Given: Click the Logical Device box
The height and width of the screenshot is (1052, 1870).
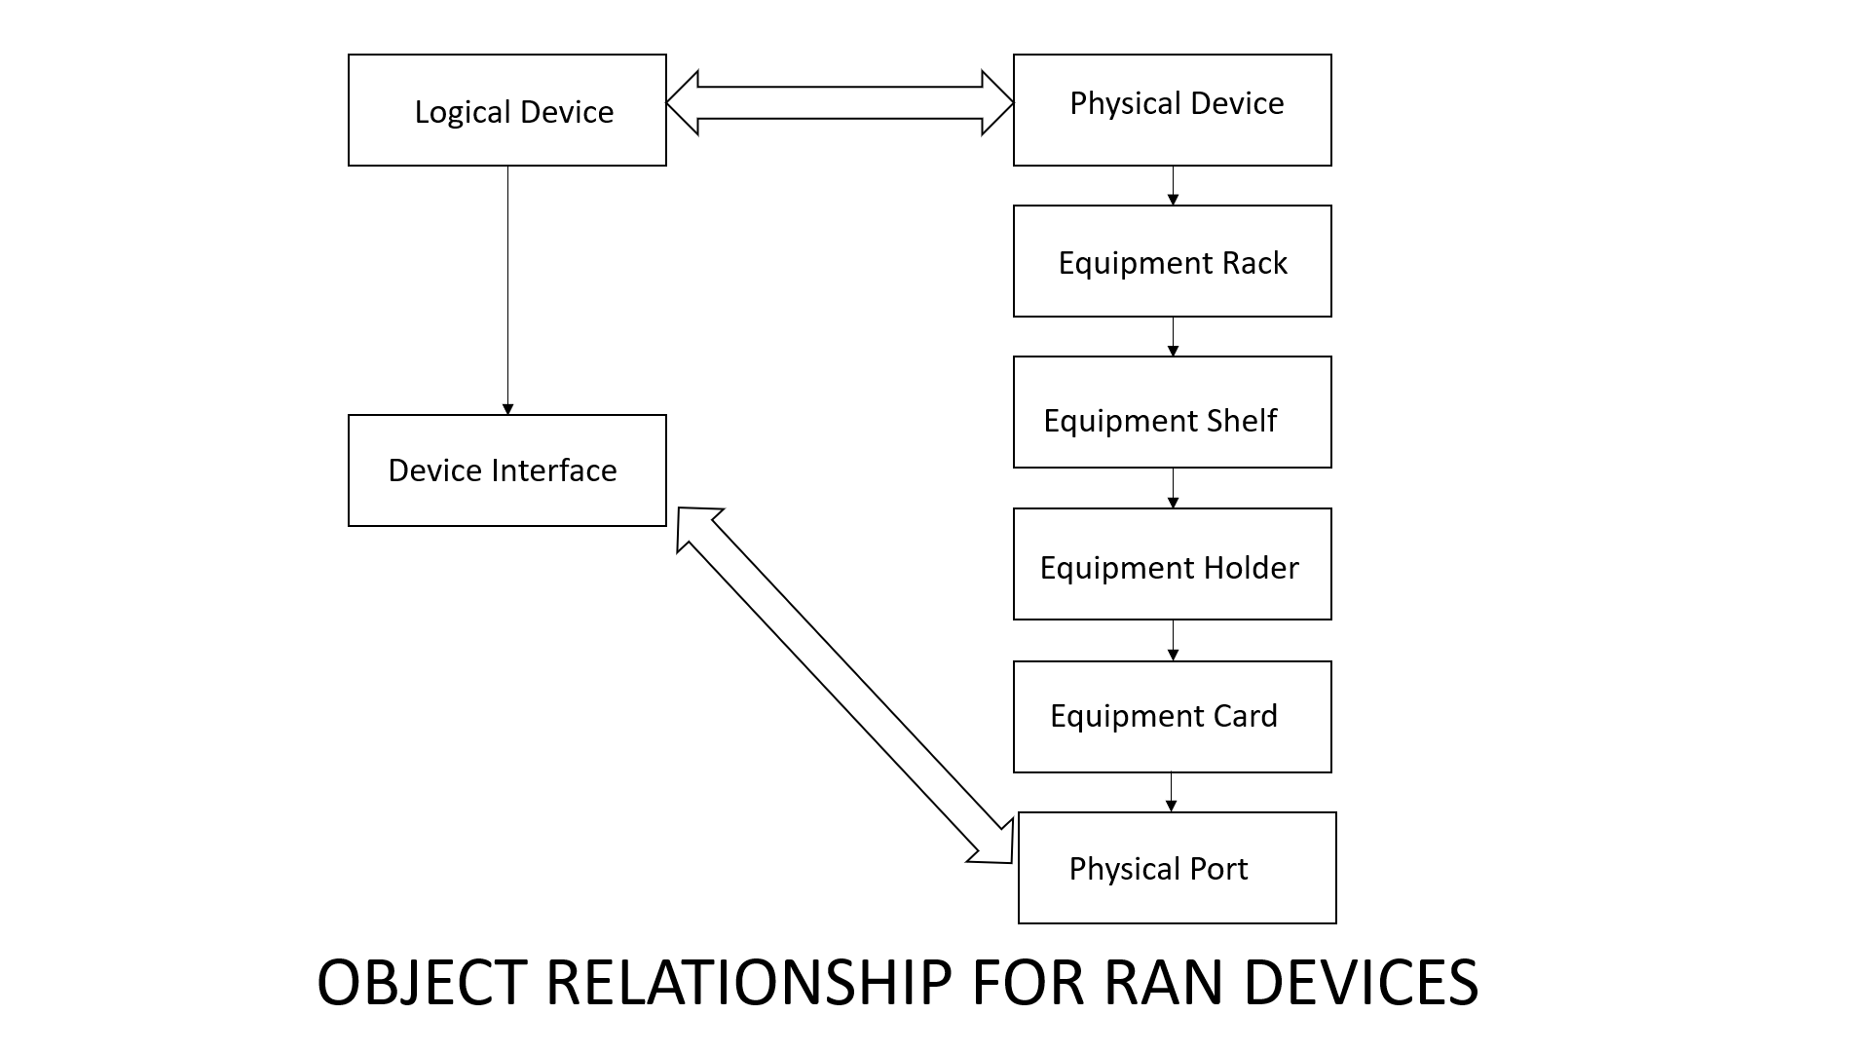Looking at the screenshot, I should point(506,110).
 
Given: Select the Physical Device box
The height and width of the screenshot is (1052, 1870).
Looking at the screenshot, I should point(1172,110).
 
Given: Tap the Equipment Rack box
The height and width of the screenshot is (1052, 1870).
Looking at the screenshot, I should point(1172,261).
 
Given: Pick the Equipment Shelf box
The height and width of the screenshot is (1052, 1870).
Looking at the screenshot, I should point(1172,412).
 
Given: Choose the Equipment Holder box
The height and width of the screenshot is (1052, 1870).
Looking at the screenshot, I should point(1172,564).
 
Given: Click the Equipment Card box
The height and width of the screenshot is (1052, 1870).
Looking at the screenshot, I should point(1172,717).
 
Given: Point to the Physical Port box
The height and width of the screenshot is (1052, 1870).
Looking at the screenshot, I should point(1177,868).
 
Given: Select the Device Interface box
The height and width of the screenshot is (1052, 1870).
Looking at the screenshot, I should point(506,470).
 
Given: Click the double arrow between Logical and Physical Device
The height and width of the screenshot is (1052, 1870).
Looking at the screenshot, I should point(840,102).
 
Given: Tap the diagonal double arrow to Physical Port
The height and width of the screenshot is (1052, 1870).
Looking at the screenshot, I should point(844,685).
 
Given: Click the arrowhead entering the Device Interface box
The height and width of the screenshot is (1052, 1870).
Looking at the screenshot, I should point(507,409).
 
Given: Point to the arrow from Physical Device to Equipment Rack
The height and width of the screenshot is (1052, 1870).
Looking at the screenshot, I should point(1173,185).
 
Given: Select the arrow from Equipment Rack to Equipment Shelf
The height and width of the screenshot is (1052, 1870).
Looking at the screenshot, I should point(1173,336).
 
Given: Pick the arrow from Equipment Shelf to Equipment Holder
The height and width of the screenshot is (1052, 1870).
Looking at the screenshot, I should point(1173,488).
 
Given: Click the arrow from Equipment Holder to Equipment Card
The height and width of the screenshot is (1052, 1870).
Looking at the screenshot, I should point(1173,640).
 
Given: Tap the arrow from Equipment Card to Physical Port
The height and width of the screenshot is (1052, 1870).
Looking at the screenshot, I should point(1171,792).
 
